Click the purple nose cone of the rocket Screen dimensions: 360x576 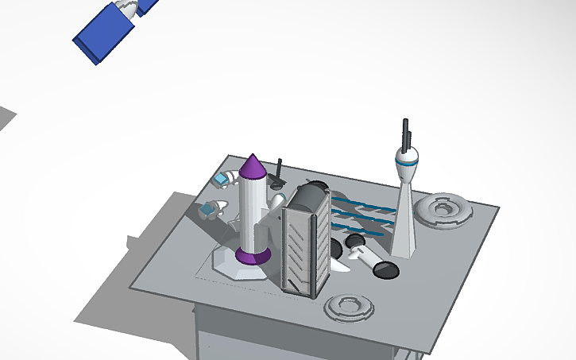[x=253, y=168]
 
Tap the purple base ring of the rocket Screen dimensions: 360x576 [x=253, y=256]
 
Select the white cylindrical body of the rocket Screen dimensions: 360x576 [x=252, y=211]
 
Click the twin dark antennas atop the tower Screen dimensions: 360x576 [x=406, y=135]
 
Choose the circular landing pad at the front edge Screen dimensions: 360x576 [x=349, y=307]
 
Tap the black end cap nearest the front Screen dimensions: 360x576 [x=386, y=270]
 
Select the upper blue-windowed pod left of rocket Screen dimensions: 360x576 [x=222, y=180]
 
